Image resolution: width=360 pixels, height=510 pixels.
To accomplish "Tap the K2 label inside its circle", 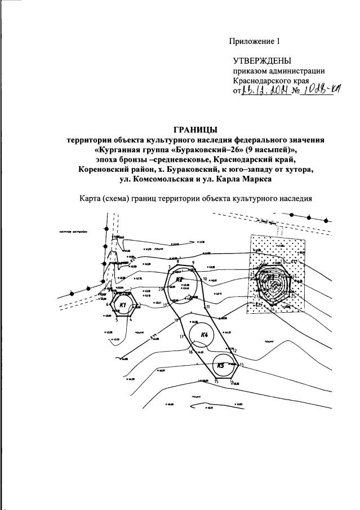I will [179, 280].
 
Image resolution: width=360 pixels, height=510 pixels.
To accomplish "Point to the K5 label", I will [220, 365].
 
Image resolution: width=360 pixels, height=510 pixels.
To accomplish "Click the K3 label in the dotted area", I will [270, 277].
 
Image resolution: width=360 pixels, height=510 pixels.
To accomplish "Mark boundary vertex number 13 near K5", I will [241, 365].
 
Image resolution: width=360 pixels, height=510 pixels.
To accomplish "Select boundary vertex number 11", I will [207, 306].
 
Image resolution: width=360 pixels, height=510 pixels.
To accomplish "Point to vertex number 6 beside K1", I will [106, 304].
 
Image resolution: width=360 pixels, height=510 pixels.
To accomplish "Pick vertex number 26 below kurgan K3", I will [272, 309].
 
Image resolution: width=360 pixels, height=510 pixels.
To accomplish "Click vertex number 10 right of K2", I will [205, 279].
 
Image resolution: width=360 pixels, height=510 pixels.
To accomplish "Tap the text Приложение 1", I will [254, 41].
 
